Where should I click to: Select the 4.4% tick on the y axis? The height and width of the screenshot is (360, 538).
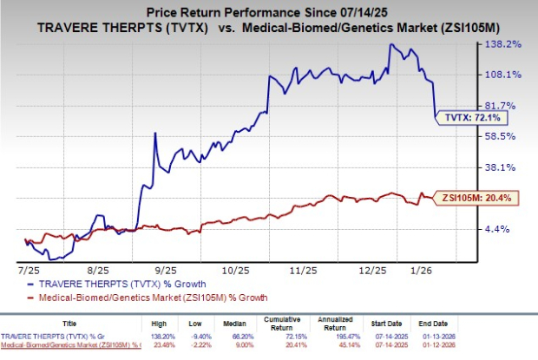click(x=506, y=229)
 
